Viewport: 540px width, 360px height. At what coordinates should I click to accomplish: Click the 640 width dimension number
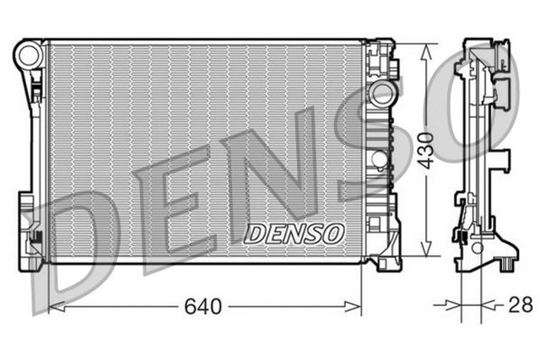(203, 307)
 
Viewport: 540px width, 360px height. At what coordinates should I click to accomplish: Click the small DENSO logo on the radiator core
(293, 232)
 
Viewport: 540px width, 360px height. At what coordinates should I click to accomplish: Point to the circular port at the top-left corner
(29, 56)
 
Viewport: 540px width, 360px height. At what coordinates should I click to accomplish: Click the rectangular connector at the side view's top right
(505, 88)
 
